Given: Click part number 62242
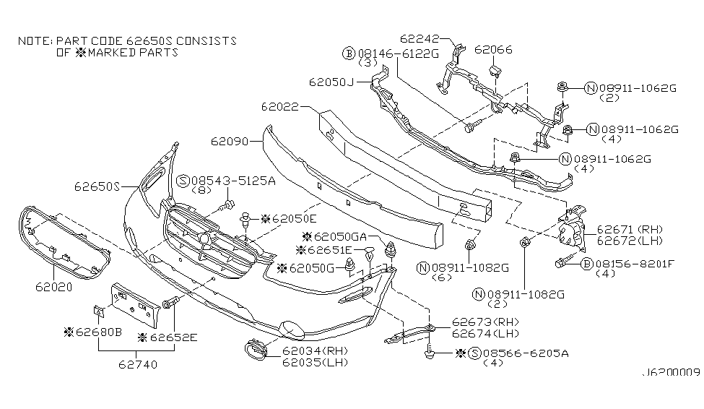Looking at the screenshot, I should tap(418, 38).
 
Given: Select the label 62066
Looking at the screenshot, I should tap(493, 50).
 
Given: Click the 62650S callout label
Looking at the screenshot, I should tap(95, 186).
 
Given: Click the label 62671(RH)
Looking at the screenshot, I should tap(625, 227).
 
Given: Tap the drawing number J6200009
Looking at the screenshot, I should tap(671, 375).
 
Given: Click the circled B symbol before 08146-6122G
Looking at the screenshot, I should tap(348, 53).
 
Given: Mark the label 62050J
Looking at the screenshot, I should tap(332, 82).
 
